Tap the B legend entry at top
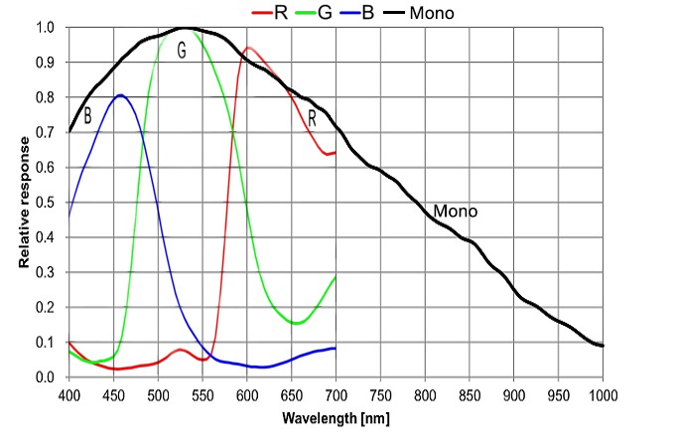tap(394, 12)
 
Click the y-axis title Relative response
tap(25, 203)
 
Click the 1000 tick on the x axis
tap(603, 396)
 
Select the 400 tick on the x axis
tap(68, 396)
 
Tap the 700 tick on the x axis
tap(336, 396)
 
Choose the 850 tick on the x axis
tap(470, 396)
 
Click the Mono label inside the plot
tap(456, 212)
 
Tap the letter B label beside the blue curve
tap(87, 116)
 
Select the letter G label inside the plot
tap(182, 51)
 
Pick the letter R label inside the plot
tap(312, 117)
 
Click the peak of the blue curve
tap(121, 95)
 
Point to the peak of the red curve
tap(248, 48)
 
